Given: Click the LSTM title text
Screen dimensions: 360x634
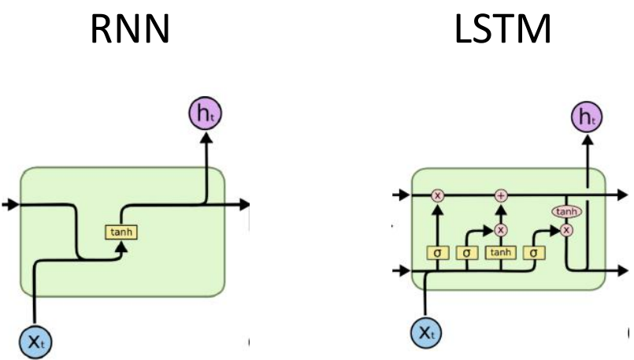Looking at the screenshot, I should pos(503,30).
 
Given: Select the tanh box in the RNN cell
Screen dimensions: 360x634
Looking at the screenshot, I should pos(120,232).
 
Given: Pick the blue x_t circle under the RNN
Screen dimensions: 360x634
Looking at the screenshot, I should pos(34,340).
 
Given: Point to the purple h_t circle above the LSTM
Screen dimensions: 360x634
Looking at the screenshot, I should pos(585,117).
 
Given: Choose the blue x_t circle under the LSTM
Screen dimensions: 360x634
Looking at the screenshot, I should pos(426,334).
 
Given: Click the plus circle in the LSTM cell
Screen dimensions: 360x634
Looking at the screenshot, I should pos(500,194).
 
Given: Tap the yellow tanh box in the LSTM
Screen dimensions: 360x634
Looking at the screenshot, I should pos(499,253).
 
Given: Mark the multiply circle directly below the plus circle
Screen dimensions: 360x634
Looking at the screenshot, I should pos(500,229).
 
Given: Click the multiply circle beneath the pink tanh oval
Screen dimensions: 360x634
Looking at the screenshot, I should pos(565,229).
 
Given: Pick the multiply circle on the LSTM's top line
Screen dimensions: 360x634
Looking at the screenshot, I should pos(439,194).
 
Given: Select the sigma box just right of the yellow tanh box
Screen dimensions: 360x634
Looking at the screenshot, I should pos(534,253).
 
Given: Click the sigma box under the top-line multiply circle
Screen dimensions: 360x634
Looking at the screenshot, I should pos(439,253).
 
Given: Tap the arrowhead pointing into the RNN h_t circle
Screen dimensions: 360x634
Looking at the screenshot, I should pos(206,137).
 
